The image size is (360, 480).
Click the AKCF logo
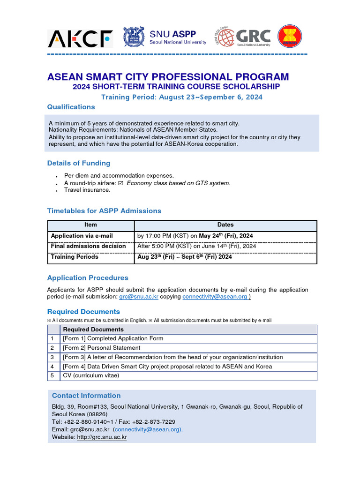tap(80, 39)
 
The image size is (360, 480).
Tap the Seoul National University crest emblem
tap(134, 37)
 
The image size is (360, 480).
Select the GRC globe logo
tap(224, 37)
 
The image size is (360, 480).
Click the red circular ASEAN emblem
tap(290, 37)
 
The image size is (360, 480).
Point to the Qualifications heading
tap(71, 107)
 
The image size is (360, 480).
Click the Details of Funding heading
tap(79, 163)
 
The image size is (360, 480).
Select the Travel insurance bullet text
tap(87, 190)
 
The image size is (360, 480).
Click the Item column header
tap(90, 225)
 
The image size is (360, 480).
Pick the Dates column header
tap(225, 225)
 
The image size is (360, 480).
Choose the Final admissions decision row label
tap(88, 246)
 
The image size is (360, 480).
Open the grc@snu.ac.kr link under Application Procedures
tap(138, 297)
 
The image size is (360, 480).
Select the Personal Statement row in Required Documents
tap(102, 348)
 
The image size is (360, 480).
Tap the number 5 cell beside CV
tap(53, 375)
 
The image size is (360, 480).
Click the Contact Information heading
tap(86, 396)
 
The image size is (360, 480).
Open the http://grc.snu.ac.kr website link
tap(102, 437)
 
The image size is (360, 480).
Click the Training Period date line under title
tap(182, 97)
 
